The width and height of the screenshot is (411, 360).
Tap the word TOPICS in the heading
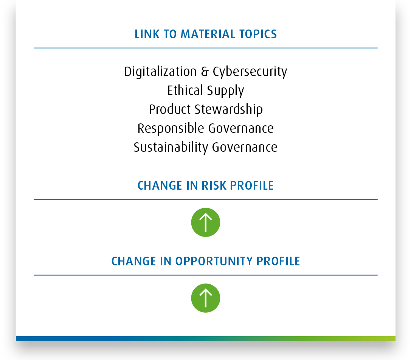tap(258, 34)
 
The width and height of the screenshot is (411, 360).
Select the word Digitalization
tap(160, 72)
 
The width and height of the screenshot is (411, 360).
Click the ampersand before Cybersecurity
tap(205, 72)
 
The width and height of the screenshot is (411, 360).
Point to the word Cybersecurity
tap(250, 72)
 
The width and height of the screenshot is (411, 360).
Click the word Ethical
tap(185, 90)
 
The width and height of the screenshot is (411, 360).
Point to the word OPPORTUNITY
tap(214, 261)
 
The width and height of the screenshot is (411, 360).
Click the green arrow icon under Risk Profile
tap(206, 222)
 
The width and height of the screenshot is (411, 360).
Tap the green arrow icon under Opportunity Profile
tap(206, 298)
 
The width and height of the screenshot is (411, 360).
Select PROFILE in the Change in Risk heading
tap(252, 185)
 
